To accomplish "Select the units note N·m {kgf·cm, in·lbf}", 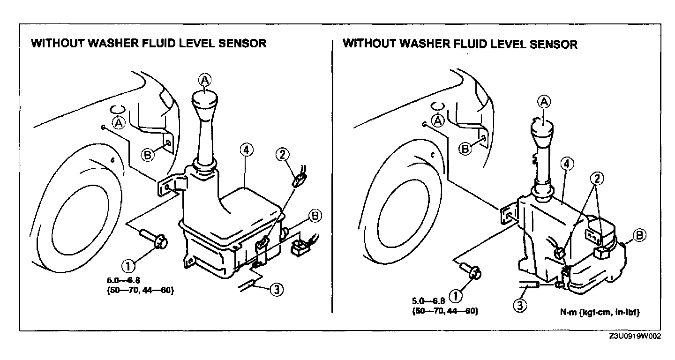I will [x=607, y=312].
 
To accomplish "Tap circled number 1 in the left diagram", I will [x=127, y=266].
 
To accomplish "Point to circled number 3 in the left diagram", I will [x=277, y=290].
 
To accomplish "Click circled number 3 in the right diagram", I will [x=520, y=305].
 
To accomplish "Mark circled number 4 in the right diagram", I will [x=567, y=164].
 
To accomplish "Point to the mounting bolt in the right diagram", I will [x=469, y=270].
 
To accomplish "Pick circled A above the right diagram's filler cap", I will [x=544, y=101].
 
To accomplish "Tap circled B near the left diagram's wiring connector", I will [x=315, y=216].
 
